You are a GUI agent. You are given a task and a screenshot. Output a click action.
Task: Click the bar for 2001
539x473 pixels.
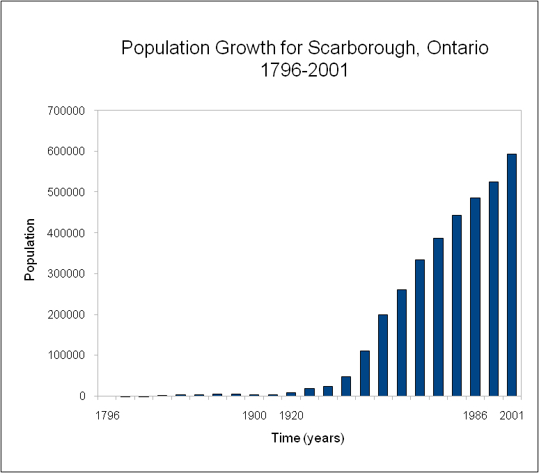pyautogui.click(x=511, y=275)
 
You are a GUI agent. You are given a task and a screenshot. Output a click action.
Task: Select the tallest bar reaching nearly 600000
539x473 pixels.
pyautogui.click(x=511, y=275)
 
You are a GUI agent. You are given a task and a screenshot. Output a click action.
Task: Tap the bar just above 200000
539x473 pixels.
pyautogui.click(x=382, y=355)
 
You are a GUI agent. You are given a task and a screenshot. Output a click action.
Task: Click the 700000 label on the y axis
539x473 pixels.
pyautogui.click(x=67, y=111)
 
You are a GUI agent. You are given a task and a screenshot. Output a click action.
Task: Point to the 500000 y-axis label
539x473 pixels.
pyautogui.click(x=67, y=192)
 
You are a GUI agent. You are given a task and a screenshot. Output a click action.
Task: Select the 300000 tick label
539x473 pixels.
pyautogui.click(x=67, y=274)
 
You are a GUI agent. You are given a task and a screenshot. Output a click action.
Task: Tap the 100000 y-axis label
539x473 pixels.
pyautogui.click(x=67, y=355)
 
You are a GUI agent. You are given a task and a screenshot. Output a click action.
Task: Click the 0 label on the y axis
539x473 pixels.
pyautogui.click(x=81, y=396)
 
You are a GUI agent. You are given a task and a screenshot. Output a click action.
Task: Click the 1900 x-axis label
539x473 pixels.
pyautogui.click(x=255, y=416)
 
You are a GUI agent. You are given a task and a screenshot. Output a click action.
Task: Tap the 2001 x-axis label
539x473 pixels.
pyautogui.click(x=512, y=416)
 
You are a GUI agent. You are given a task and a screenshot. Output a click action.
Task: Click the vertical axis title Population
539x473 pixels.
pyautogui.click(x=29, y=249)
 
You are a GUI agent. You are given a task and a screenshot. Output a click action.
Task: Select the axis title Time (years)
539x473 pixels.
pyautogui.click(x=308, y=438)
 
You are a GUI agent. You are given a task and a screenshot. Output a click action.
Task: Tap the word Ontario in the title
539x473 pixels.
pyautogui.click(x=459, y=49)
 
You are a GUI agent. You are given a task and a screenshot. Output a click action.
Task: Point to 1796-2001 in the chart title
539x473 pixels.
pyautogui.click(x=304, y=70)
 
